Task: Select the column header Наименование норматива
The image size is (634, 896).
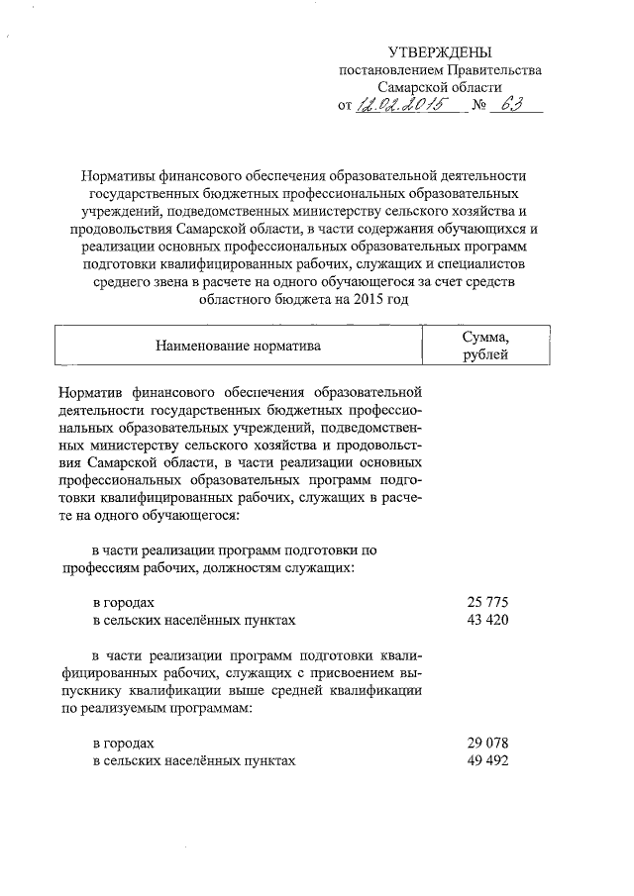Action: click(x=238, y=346)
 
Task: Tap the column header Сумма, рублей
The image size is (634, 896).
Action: click(x=485, y=346)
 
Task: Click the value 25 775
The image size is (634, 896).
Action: click(x=486, y=602)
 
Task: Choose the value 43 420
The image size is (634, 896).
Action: click(x=486, y=620)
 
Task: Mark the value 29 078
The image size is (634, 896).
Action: click(x=486, y=743)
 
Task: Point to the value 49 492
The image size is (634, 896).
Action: click(x=486, y=760)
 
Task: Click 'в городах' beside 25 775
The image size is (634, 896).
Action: click(x=124, y=602)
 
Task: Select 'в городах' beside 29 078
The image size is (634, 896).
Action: click(x=124, y=743)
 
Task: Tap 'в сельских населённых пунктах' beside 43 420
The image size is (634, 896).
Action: click(x=193, y=620)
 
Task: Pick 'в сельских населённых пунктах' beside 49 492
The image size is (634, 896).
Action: click(x=193, y=760)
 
